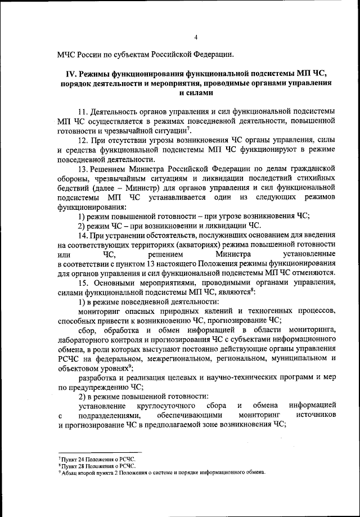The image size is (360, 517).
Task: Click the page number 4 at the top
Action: (196, 37)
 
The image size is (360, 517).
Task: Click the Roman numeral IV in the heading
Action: (71, 74)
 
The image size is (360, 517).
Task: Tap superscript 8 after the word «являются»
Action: (253, 290)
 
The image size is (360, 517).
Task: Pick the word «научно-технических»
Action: (234, 377)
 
